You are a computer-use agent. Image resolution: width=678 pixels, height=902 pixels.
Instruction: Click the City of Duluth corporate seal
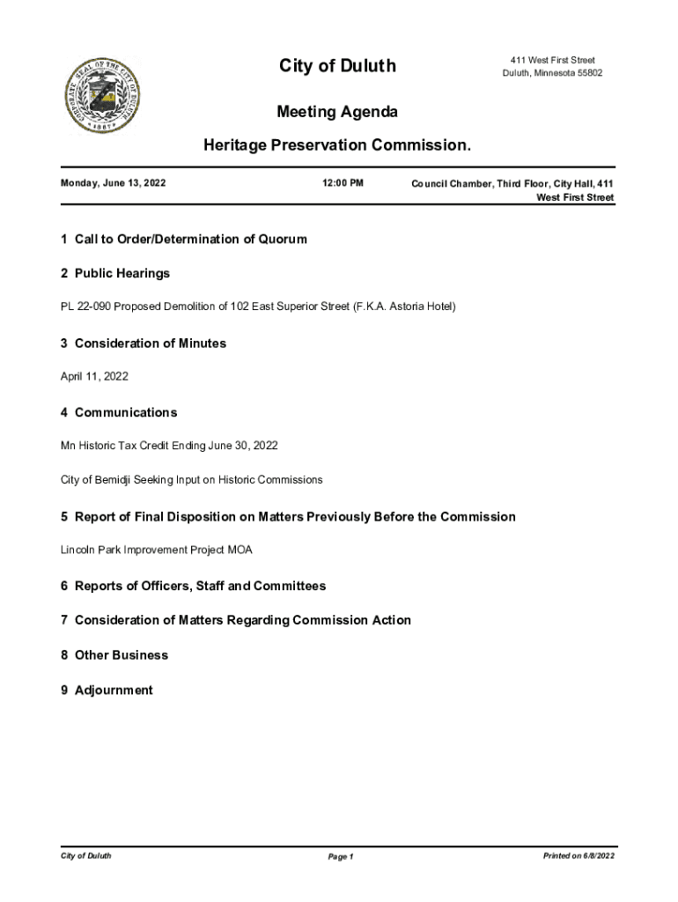(101, 97)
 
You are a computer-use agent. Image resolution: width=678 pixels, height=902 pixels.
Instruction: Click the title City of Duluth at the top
(337, 66)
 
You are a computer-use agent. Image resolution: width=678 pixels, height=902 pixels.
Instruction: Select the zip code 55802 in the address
(589, 73)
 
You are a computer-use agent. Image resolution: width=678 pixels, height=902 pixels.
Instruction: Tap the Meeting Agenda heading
(337, 112)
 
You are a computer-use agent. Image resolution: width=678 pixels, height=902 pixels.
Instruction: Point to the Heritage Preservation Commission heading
(337, 144)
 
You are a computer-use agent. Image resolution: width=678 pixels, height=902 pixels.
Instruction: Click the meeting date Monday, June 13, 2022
(114, 183)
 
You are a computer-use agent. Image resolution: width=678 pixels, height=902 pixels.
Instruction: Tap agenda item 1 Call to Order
(184, 239)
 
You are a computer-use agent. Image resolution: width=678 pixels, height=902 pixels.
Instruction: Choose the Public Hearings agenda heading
(115, 273)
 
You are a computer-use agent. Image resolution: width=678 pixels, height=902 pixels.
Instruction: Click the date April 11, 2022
(94, 376)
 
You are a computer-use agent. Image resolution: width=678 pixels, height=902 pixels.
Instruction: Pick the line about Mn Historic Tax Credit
(169, 446)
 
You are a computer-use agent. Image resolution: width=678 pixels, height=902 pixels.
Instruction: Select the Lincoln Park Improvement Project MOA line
(156, 550)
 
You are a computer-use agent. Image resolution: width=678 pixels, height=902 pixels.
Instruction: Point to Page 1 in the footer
(340, 856)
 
